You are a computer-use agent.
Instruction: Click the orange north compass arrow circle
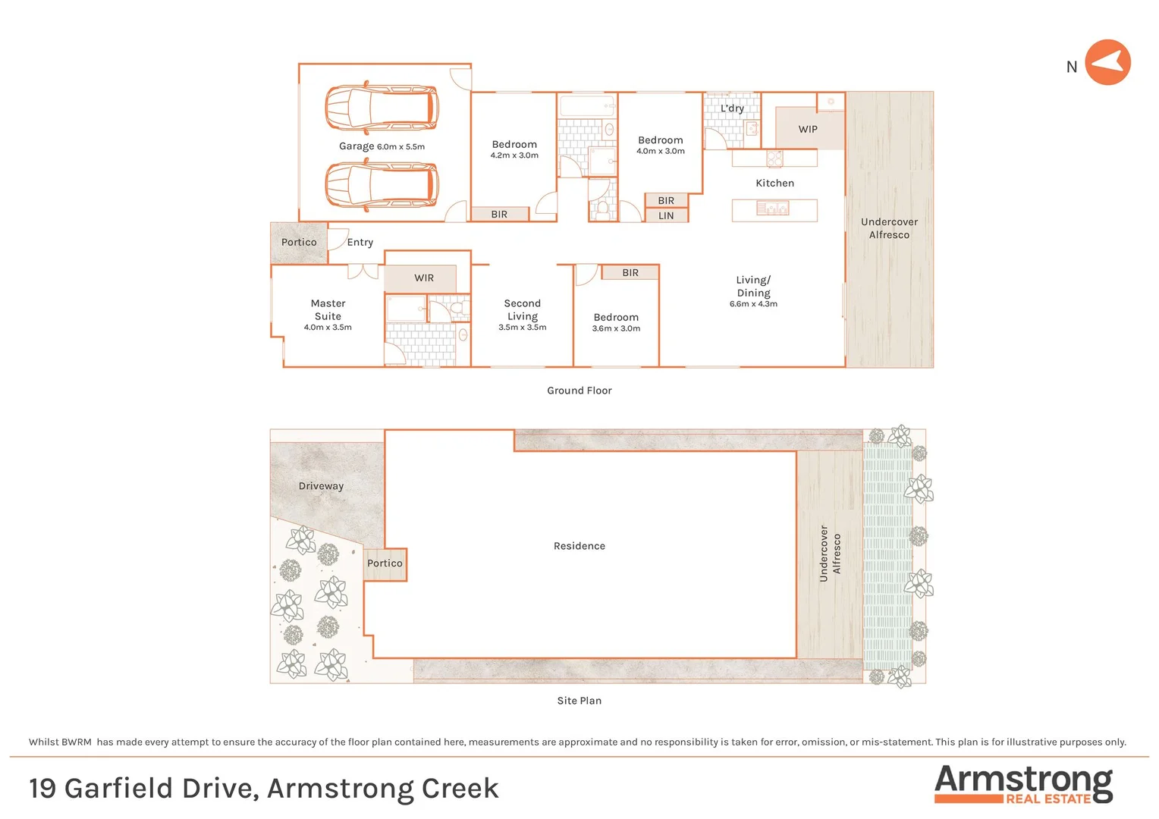click(1107, 62)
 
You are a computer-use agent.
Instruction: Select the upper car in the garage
click(382, 108)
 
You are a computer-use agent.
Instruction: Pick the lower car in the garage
click(382, 186)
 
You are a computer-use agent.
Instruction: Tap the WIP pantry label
click(808, 129)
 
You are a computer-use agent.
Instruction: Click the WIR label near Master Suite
click(424, 278)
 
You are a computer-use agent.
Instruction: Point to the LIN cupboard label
click(666, 216)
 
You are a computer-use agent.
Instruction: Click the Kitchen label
click(774, 184)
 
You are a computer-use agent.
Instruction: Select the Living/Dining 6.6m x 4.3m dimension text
click(753, 304)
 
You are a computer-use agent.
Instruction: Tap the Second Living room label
click(522, 309)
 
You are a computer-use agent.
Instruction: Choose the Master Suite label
click(328, 309)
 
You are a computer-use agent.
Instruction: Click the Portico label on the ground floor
click(299, 243)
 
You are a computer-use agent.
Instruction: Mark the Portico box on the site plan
click(385, 564)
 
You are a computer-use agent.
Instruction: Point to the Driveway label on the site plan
click(321, 486)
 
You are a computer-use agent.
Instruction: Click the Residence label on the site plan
click(579, 546)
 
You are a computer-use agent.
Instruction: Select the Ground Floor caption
click(579, 391)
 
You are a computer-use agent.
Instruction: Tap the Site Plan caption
click(579, 701)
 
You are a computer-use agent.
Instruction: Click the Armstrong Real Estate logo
click(1023, 784)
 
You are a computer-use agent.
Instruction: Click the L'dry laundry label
click(732, 108)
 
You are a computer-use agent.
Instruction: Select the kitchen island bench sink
click(773, 208)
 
